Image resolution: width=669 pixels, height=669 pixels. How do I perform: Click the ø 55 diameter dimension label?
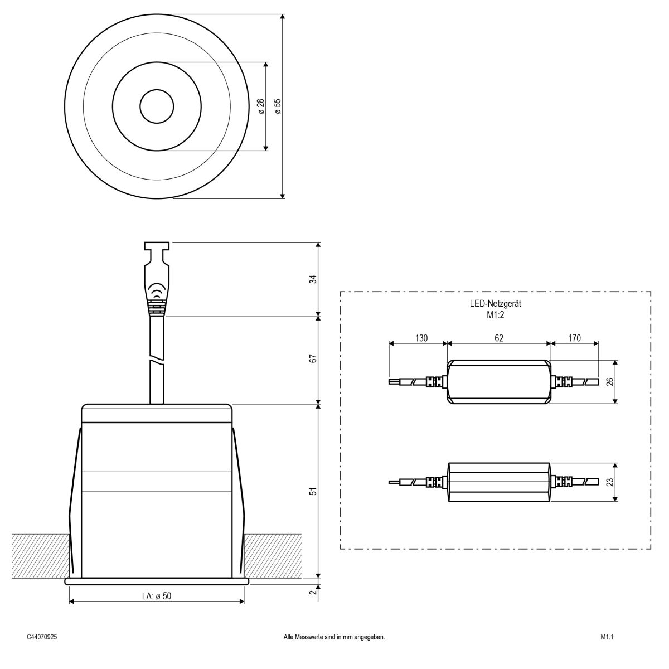278,106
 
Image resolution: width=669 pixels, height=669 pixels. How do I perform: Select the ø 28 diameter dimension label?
260,106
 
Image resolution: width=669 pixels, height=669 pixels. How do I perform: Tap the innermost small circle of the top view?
157,106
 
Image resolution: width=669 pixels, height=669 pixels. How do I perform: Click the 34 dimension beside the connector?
313,279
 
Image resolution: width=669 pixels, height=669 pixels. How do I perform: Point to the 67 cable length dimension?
313,359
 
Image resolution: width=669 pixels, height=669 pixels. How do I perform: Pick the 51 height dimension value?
313,491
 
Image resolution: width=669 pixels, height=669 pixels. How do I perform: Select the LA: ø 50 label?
156,596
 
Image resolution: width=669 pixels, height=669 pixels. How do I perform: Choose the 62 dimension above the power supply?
498,338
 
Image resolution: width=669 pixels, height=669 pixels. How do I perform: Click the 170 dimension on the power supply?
574,338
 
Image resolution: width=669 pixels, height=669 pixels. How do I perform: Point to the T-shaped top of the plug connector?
157,246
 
